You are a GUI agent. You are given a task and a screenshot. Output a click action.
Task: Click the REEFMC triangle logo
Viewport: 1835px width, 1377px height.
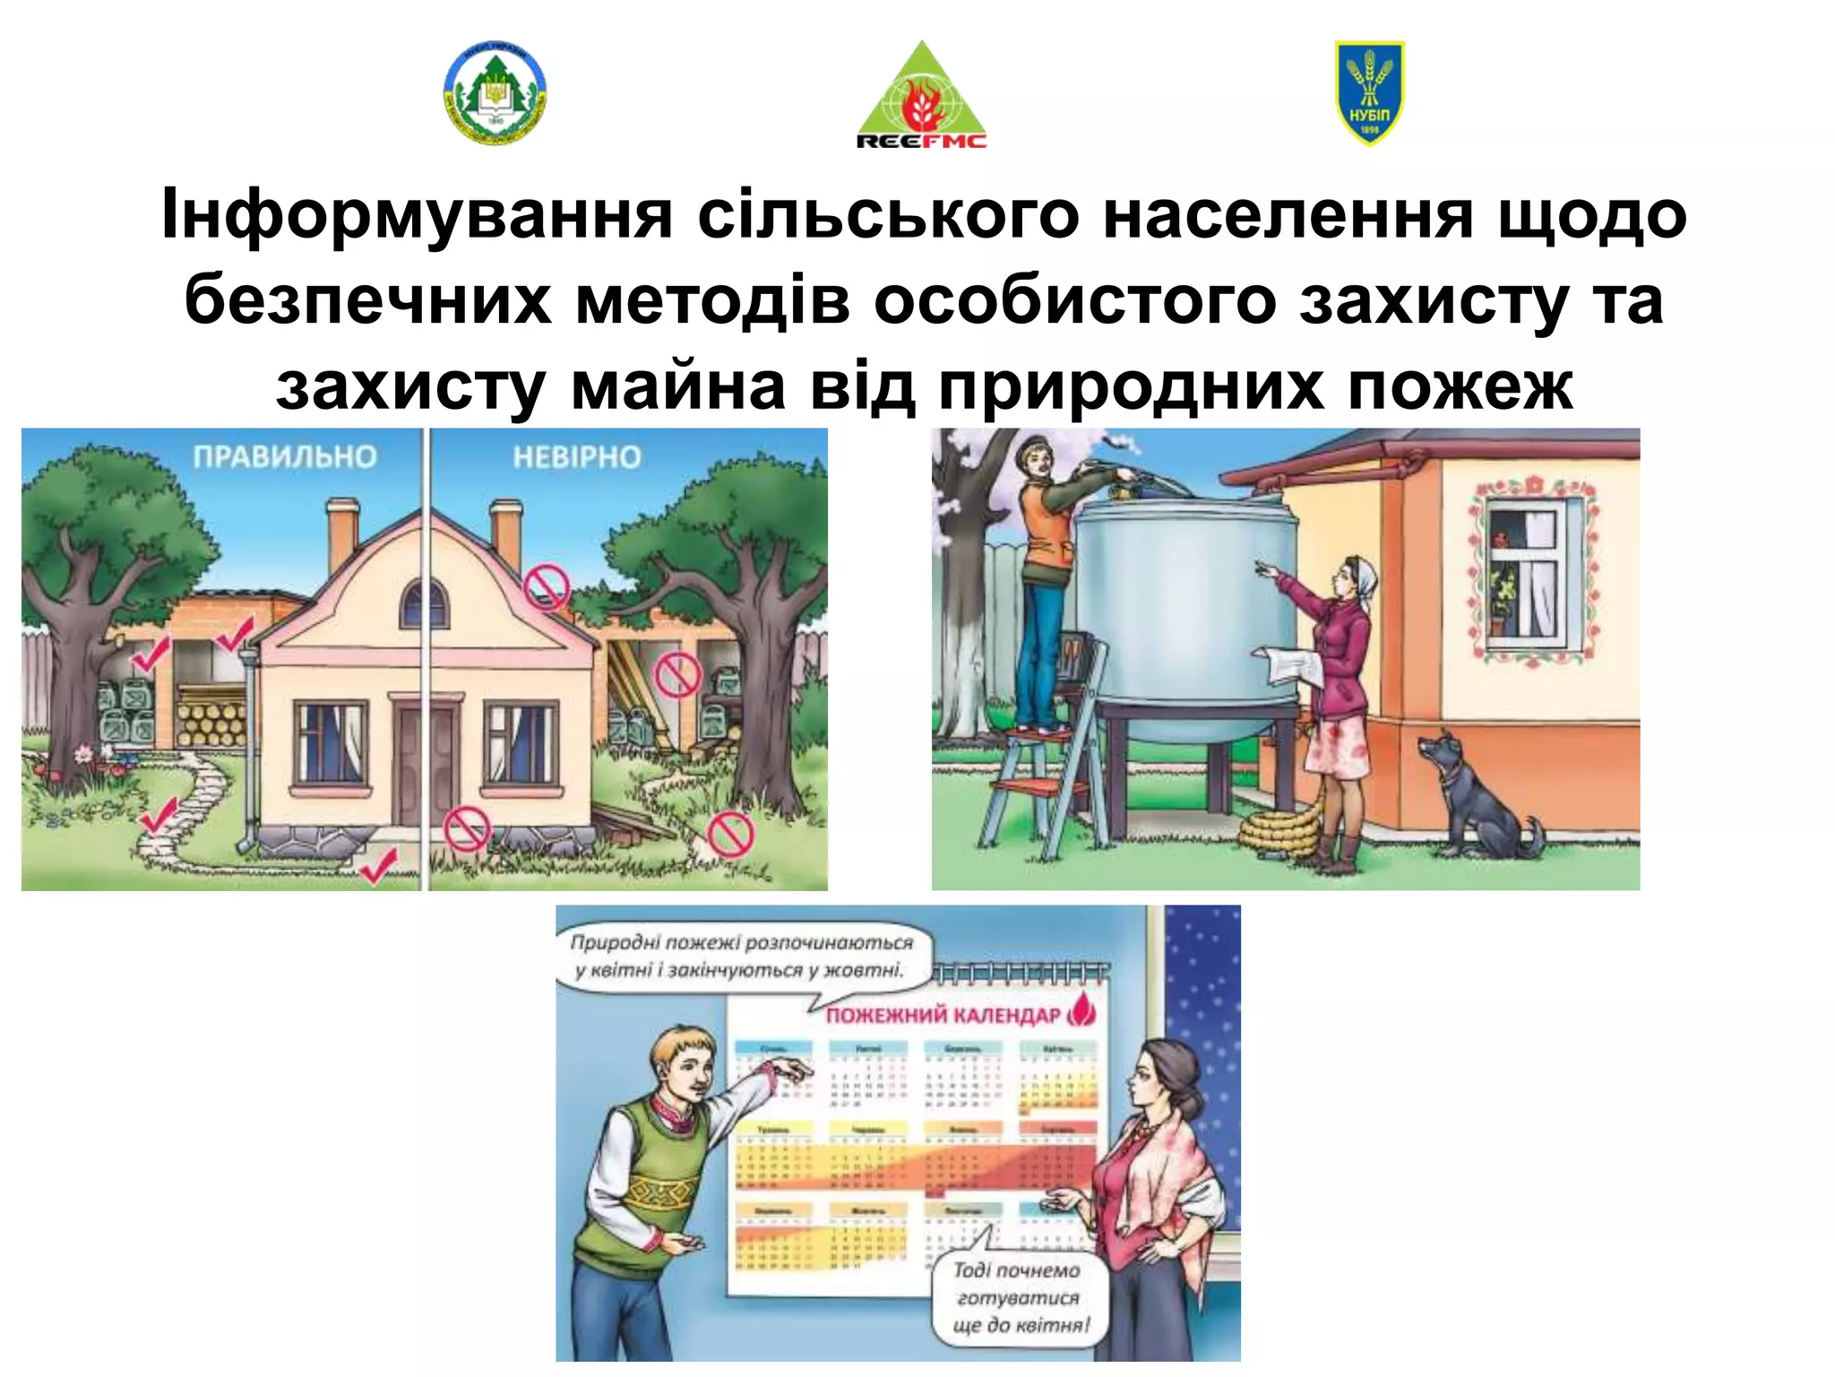point(921,97)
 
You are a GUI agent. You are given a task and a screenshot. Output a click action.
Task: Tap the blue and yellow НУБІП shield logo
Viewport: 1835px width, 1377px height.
point(1369,92)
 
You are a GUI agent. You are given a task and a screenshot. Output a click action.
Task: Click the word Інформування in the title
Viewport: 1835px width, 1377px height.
point(416,215)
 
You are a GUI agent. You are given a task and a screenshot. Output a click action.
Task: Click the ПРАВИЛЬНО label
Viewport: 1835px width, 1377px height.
point(285,457)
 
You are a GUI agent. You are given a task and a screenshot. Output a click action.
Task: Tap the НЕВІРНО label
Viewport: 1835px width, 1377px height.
point(576,457)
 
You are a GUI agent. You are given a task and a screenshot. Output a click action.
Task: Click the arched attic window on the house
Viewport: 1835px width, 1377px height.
point(423,602)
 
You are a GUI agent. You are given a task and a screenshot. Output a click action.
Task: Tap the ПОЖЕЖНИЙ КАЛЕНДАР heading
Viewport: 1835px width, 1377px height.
point(943,1015)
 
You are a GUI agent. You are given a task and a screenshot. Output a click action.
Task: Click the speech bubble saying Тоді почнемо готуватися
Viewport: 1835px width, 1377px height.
point(1020,1296)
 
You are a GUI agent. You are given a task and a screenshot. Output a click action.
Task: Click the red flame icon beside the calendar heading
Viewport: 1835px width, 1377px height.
point(1083,1011)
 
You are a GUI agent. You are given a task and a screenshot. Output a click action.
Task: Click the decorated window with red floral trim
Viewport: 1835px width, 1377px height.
point(1530,568)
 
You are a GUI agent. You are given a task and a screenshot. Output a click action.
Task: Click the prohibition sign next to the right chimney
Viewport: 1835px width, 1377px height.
point(546,587)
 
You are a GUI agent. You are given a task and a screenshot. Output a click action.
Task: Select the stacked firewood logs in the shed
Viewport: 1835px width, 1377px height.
point(210,722)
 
